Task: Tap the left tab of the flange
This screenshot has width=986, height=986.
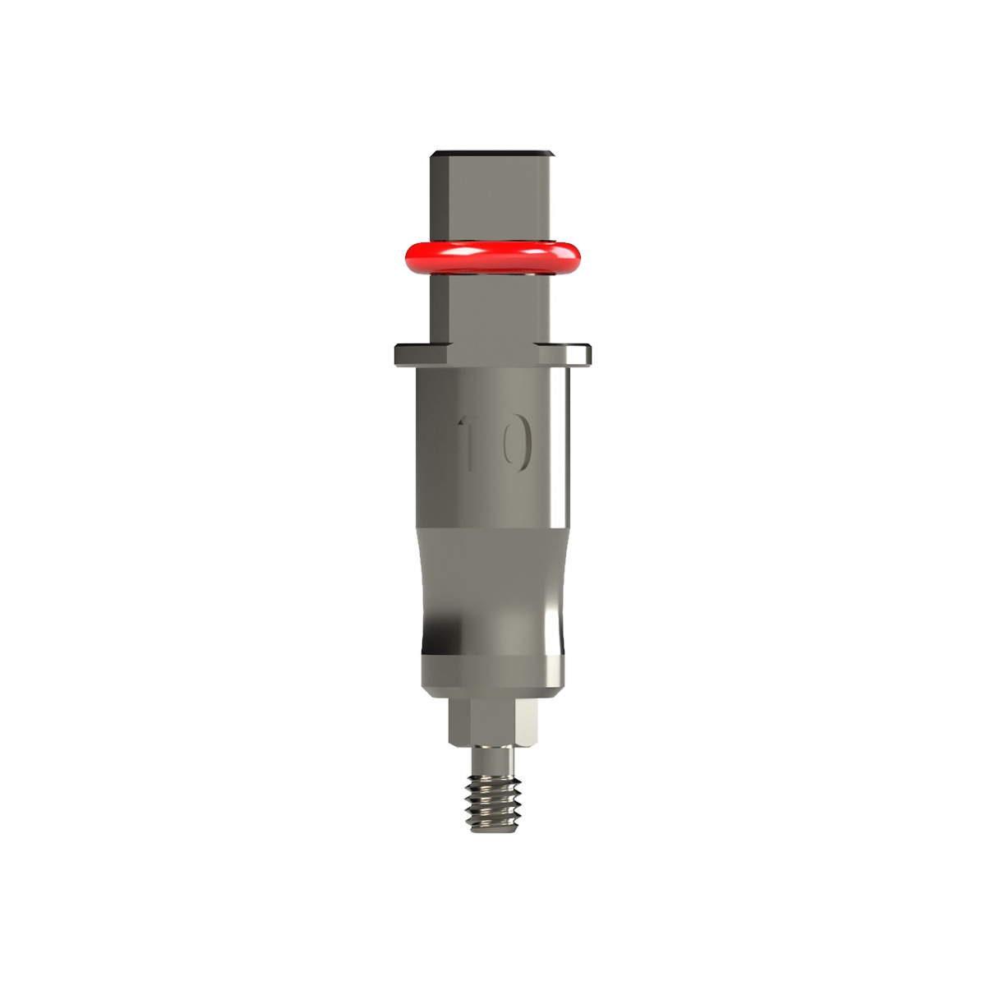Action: click(411, 353)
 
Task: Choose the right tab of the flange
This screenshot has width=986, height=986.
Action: click(575, 353)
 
